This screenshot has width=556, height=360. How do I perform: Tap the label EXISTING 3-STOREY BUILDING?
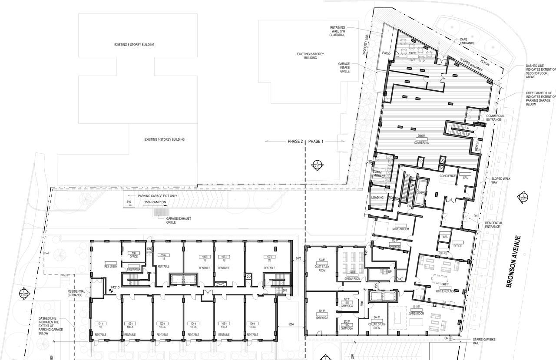[x=134, y=45]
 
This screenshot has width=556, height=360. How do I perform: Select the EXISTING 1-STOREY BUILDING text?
[x=164, y=139]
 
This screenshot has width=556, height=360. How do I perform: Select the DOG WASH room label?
[x=394, y=247]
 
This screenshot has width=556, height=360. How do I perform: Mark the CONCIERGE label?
[x=447, y=176]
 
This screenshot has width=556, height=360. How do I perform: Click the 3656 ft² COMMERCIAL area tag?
[x=421, y=140]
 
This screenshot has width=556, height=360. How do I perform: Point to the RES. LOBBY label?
[x=109, y=266]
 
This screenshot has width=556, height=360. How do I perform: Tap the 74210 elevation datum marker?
[x=115, y=287]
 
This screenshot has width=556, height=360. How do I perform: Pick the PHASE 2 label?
[x=295, y=142]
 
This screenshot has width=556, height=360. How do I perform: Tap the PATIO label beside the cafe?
[x=387, y=53]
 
